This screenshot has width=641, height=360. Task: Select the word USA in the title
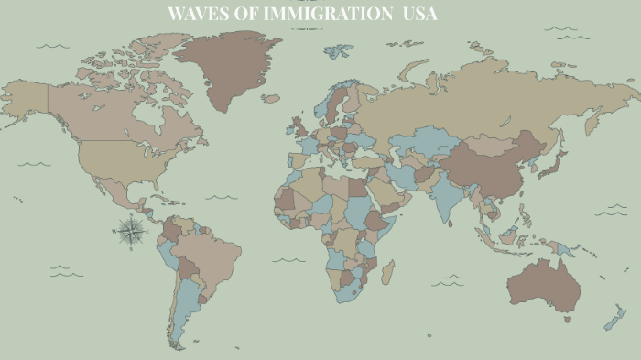click(x=420, y=14)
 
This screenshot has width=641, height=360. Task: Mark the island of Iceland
click(x=270, y=97)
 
